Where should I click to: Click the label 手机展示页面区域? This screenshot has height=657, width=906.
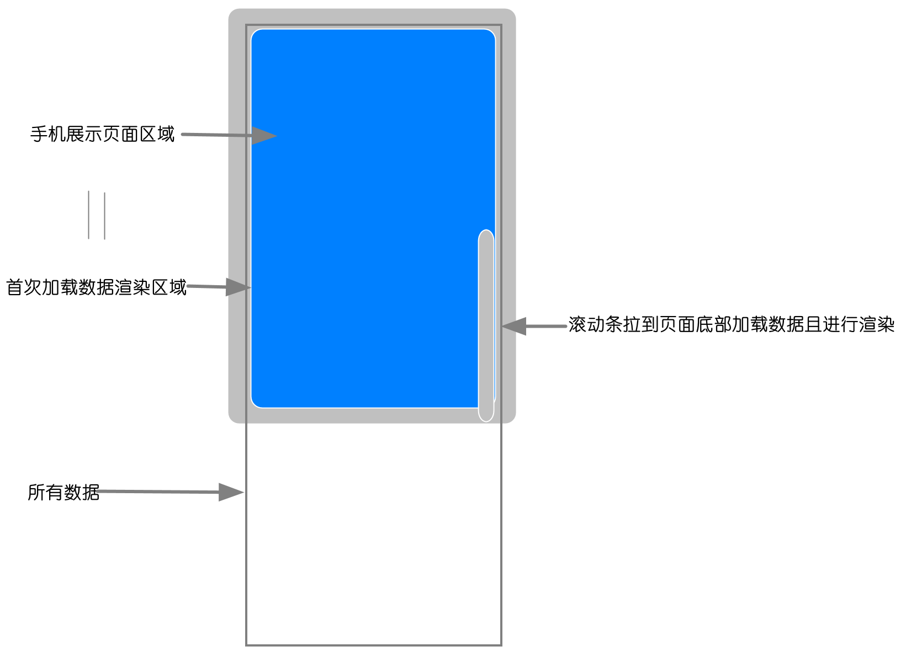[102, 134]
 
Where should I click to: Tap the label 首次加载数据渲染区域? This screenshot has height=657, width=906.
[96, 287]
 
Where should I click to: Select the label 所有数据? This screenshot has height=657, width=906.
[63, 492]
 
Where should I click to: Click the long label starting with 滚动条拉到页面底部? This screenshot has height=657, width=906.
[731, 324]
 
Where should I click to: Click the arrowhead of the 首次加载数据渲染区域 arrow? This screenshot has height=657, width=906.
[239, 287]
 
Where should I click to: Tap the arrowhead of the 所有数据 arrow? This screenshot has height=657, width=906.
[231, 492]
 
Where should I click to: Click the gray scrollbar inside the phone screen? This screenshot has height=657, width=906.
[486, 325]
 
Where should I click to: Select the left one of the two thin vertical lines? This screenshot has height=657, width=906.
[88, 215]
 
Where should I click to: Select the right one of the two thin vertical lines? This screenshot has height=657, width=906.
[104, 216]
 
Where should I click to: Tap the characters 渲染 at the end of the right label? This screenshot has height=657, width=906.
[877, 324]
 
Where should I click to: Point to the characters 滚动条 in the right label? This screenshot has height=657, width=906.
[595, 324]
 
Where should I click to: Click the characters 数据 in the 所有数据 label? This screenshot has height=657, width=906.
[82, 492]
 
